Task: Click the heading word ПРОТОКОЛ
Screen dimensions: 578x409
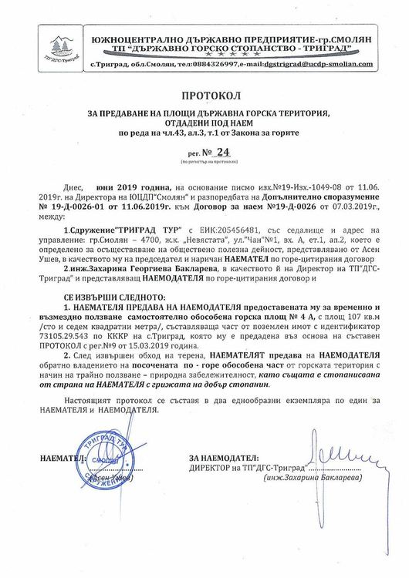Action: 204,96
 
